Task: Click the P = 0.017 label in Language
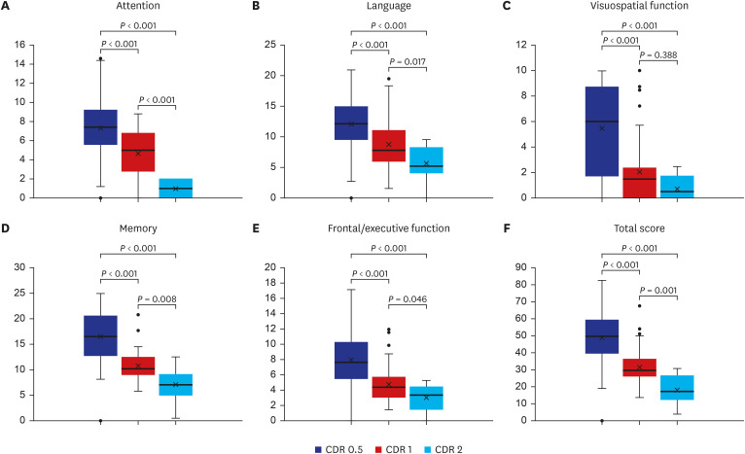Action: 408,62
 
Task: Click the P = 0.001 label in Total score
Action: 658,292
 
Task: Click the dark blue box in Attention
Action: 100,126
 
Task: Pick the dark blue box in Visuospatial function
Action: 602,131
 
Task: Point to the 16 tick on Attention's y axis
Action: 19,45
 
